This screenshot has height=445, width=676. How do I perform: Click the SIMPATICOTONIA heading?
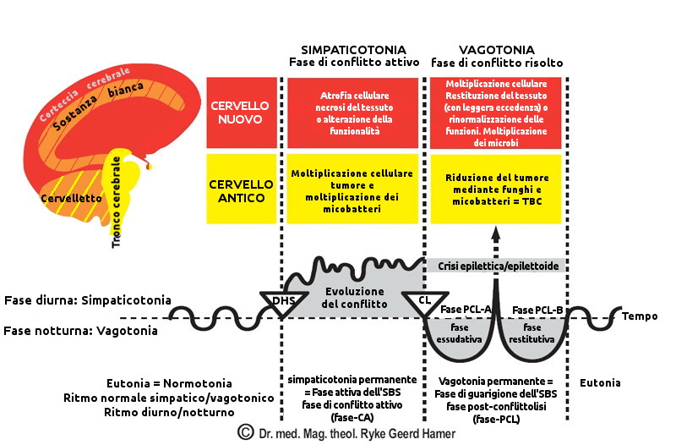(x=353, y=50)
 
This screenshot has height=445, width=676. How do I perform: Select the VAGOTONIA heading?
(x=495, y=50)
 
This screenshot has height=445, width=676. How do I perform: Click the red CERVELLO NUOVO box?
(x=242, y=113)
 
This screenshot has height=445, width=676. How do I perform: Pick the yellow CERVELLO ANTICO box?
(x=242, y=190)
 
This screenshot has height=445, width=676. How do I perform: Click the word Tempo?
(x=640, y=316)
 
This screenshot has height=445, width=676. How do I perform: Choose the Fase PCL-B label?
(x=537, y=310)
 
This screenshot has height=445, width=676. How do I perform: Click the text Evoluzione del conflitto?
(x=356, y=297)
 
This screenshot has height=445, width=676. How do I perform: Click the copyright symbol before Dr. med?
(x=245, y=432)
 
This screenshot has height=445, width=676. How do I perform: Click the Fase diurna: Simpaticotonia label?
(x=88, y=300)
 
